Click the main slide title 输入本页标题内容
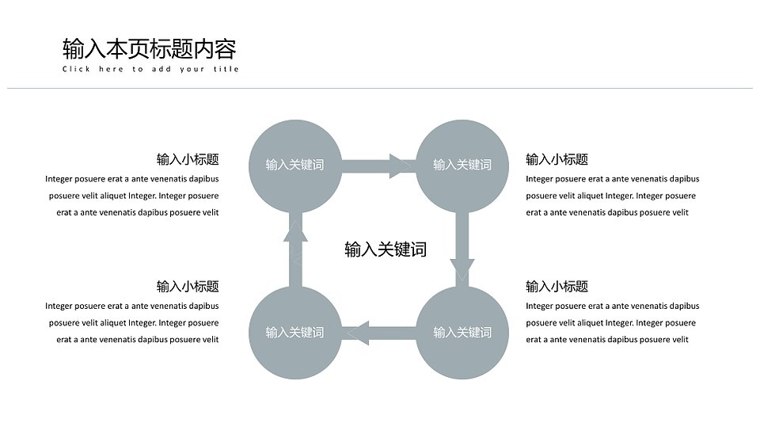pyautogui.click(x=150, y=49)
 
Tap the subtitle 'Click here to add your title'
pyautogui.click(x=150, y=69)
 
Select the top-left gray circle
pyautogui.click(x=295, y=166)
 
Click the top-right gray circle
pyautogui.click(x=462, y=166)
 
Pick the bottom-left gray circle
pyautogui.click(x=295, y=333)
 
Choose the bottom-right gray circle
pyautogui.click(x=462, y=333)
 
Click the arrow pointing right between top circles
pyautogui.click(x=378, y=166)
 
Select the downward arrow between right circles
pyautogui.click(x=462, y=249)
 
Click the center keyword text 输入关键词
pyautogui.click(x=386, y=249)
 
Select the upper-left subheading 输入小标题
pyautogui.click(x=188, y=159)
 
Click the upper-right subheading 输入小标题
pyautogui.click(x=557, y=159)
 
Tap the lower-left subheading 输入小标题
pyautogui.click(x=188, y=286)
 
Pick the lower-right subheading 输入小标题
pyautogui.click(x=557, y=286)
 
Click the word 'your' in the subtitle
pyautogui.click(x=192, y=70)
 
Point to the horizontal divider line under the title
pyautogui.click(x=380, y=88)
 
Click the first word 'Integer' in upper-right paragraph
pyautogui.click(x=539, y=179)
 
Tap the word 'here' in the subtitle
pyautogui.click(x=111, y=69)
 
